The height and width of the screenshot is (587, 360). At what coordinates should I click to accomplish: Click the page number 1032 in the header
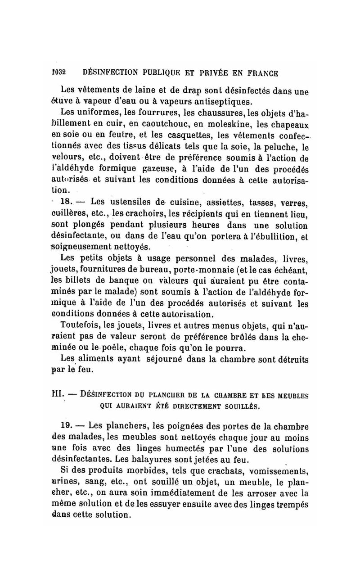[x=58, y=72]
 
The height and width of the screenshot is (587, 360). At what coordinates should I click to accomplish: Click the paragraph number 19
[x=66, y=426]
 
